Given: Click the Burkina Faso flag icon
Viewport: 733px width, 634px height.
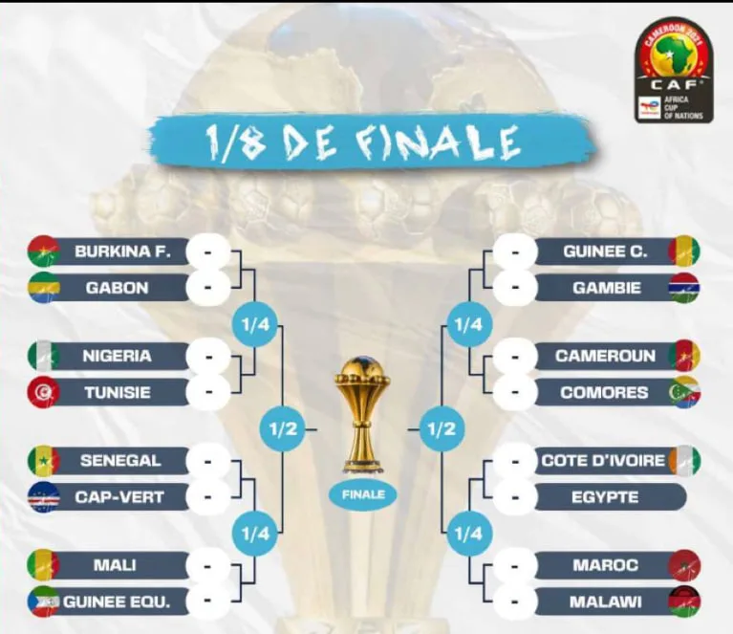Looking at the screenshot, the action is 43,251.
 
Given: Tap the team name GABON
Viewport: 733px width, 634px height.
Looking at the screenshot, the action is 117,288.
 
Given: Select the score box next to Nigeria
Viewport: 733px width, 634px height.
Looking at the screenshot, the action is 208,357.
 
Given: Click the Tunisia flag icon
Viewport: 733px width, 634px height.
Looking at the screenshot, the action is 43,393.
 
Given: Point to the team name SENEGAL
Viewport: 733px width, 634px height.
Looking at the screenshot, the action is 120,461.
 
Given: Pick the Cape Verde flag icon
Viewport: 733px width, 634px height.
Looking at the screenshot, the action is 43,497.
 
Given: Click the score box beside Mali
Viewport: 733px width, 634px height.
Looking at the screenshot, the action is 208,566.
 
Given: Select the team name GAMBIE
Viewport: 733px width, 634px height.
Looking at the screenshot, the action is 606,288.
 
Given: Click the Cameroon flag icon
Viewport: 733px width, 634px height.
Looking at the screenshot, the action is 684,356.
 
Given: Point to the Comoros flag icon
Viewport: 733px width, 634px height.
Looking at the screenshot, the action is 684,392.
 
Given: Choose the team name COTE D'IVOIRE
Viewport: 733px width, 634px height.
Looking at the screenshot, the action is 603,461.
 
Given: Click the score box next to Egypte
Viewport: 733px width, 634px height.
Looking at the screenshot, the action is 515,497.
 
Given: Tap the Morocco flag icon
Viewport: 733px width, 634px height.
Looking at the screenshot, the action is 684,566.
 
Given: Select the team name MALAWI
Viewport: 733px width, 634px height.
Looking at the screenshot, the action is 605,602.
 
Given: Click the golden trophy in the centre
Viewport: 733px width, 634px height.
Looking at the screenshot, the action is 363,415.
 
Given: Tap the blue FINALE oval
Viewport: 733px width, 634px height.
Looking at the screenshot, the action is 363,495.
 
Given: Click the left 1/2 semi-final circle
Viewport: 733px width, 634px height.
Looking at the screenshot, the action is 283,429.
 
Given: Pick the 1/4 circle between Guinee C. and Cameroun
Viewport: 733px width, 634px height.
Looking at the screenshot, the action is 468,324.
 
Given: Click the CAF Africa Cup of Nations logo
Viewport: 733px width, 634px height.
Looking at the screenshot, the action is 674,70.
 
